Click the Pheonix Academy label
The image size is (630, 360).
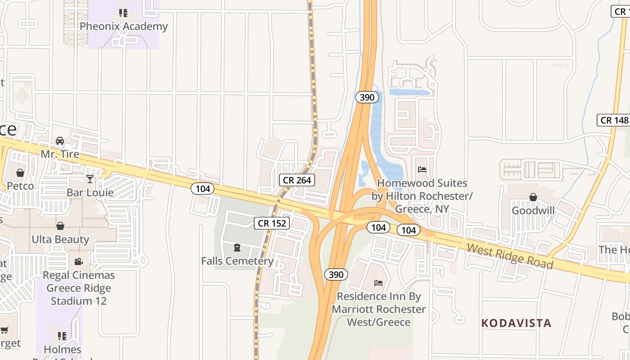pyautogui.click(x=123, y=27)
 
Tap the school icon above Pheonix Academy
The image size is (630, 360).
pyautogui.click(x=123, y=13)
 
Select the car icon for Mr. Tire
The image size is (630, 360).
pyautogui.click(x=60, y=141)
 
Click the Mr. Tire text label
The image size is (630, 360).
pyautogui.click(x=60, y=154)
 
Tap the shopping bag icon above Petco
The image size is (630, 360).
pyautogui.click(x=20, y=173)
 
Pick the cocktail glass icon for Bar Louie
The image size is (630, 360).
pyautogui.click(x=90, y=179)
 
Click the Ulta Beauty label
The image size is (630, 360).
pyautogui.click(x=60, y=239)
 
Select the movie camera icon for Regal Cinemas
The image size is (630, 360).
pyautogui.click(x=79, y=261)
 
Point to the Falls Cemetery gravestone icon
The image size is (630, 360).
pyautogui.click(x=237, y=247)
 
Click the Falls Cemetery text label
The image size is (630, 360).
pyautogui.click(x=237, y=261)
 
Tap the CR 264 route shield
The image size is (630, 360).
pyautogui.click(x=297, y=180)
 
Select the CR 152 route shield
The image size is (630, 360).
pyautogui.click(x=271, y=223)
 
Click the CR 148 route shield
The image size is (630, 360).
pyautogui.click(x=614, y=120)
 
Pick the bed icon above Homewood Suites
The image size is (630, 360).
pyautogui.click(x=422, y=170)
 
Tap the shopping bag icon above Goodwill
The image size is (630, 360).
pyautogui.click(x=533, y=197)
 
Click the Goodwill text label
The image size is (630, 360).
pyautogui.click(x=533, y=211)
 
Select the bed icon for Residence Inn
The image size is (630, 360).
pyautogui.click(x=378, y=283)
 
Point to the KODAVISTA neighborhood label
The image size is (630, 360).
pyautogui.click(x=516, y=323)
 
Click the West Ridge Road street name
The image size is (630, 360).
pyautogui.click(x=509, y=256)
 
